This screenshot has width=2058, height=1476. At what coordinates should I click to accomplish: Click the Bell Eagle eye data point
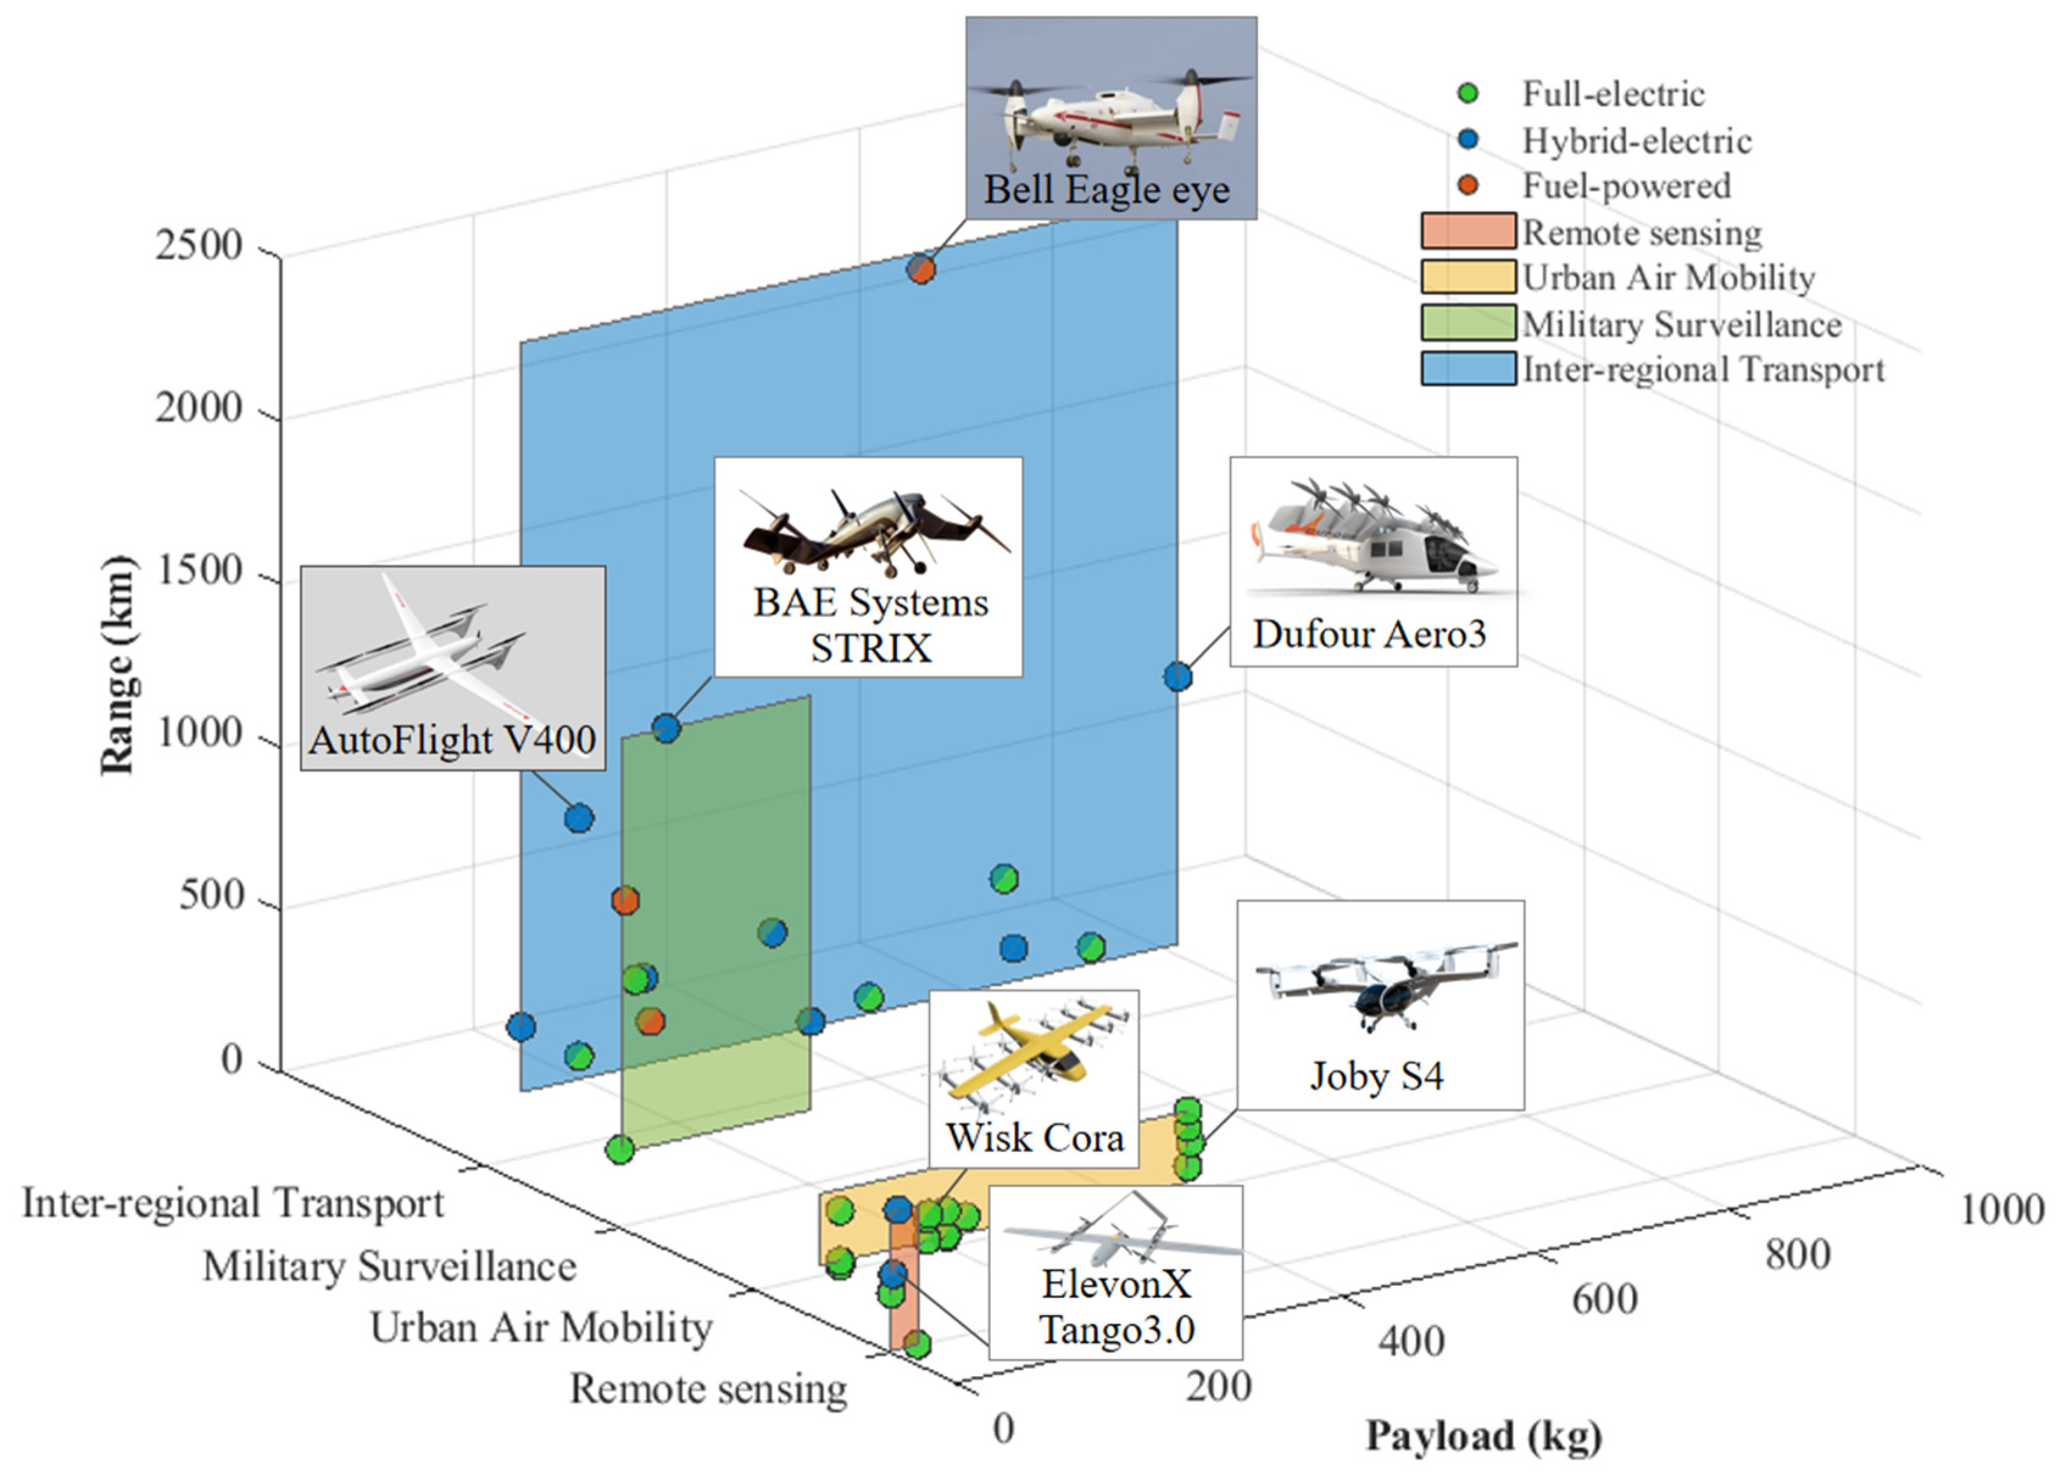tap(921, 269)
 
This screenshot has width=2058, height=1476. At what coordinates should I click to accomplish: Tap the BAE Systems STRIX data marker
tap(666, 727)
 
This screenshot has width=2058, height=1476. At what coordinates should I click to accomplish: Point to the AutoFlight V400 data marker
tap(579, 818)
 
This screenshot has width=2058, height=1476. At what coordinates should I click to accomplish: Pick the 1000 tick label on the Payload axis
tap(2001, 1209)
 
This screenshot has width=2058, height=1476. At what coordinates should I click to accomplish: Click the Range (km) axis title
tap(118, 667)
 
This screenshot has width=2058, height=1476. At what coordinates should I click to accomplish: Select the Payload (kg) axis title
tap(1483, 1436)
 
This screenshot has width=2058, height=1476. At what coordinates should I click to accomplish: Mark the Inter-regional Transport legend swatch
tap(1467, 369)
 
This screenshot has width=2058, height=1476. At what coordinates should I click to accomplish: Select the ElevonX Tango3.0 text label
tap(1116, 1307)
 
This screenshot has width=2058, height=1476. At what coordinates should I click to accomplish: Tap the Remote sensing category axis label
tap(708, 1389)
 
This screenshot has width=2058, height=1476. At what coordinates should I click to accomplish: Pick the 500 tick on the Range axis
tap(210, 896)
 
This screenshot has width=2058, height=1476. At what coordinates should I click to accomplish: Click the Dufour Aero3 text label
tap(1369, 634)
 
